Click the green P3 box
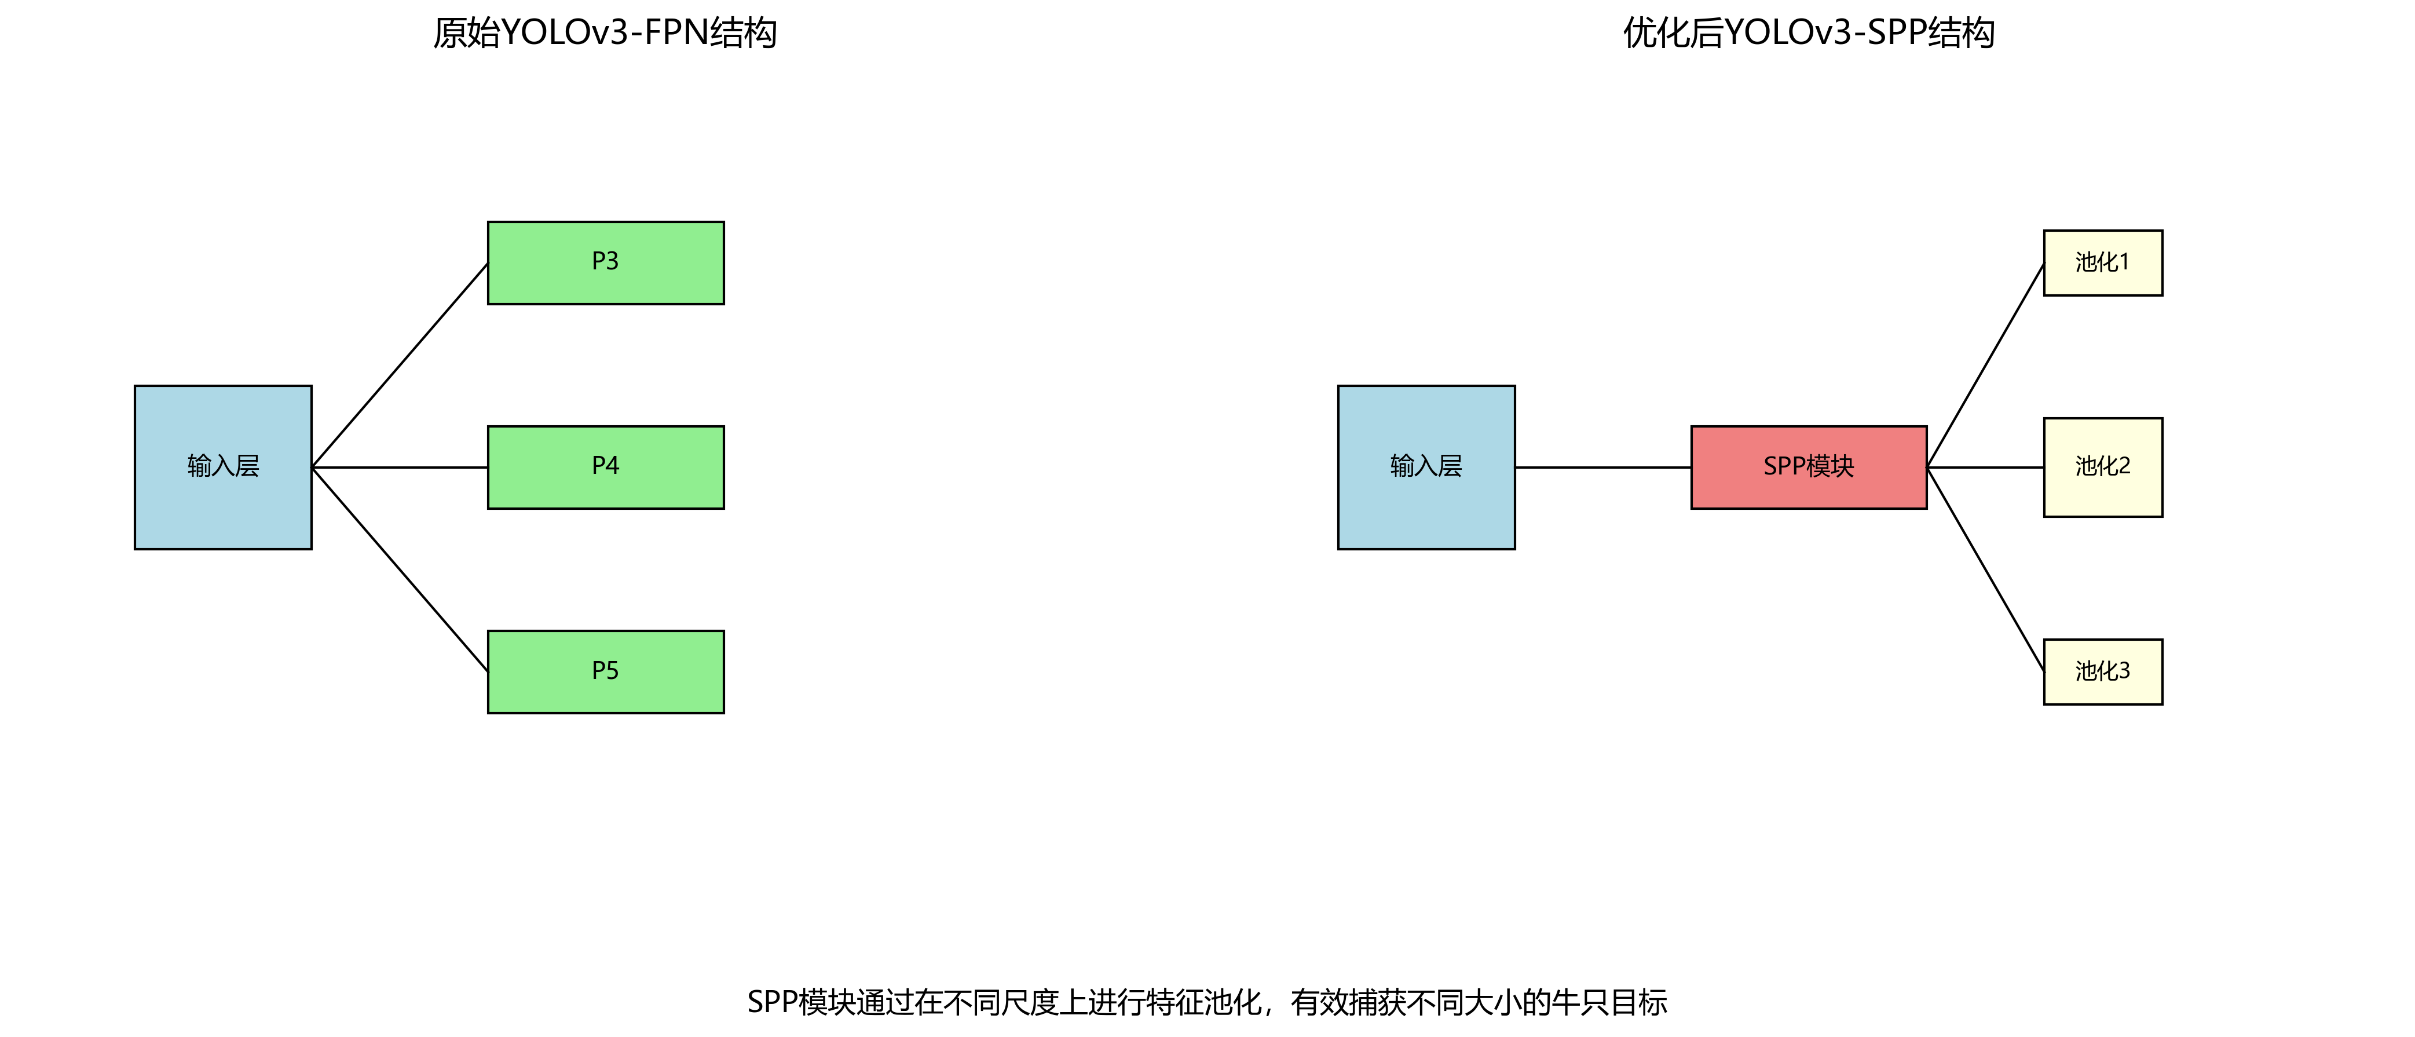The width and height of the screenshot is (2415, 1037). click(x=606, y=262)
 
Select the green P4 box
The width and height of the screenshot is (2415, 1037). click(x=606, y=467)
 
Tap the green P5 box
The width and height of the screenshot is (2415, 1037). click(x=606, y=671)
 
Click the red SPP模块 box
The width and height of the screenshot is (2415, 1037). click(x=1809, y=467)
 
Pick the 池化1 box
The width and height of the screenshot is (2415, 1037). click(x=2103, y=262)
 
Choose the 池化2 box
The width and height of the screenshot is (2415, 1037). click(x=2103, y=467)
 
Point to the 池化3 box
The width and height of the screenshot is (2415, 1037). click(x=2103, y=671)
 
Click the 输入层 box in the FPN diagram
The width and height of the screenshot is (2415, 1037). click(x=223, y=467)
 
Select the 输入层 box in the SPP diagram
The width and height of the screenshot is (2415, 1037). click(x=1426, y=467)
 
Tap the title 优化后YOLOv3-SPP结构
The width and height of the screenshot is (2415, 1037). click(x=1809, y=33)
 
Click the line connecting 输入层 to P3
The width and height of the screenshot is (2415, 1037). click(x=400, y=366)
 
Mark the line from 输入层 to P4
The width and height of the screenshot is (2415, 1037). click(x=400, y=467)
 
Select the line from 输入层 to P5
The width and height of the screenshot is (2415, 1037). click(x=400, y=569)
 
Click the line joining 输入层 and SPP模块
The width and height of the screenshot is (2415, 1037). click(x=1603, y=467)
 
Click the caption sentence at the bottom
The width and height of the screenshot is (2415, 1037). click(x=1206, y=1002)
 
